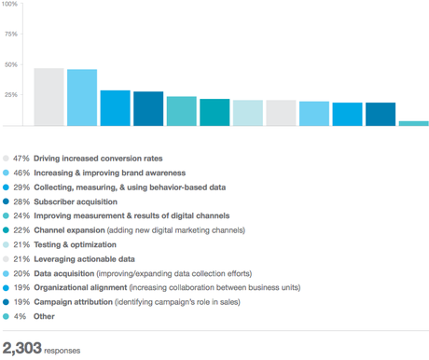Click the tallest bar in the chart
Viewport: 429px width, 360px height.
(x=48, y=97)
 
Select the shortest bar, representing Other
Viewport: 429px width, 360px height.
(x=413, y=123)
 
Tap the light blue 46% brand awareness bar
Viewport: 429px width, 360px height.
(x=82, y=98)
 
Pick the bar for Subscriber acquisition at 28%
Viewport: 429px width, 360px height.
(x=148, y=108)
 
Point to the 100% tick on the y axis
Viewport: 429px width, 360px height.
(x=9, y=5)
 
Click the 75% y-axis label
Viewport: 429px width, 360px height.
(x=11, y=35)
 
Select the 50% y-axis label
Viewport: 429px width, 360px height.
(x=11, y=65)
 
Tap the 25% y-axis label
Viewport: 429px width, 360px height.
(x=11, y=95)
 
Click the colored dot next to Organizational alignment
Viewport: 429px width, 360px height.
(x=7, y=288)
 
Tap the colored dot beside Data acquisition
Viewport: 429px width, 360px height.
(x=7, y=273)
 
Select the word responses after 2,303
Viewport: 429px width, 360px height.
(x=62, y=351)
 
